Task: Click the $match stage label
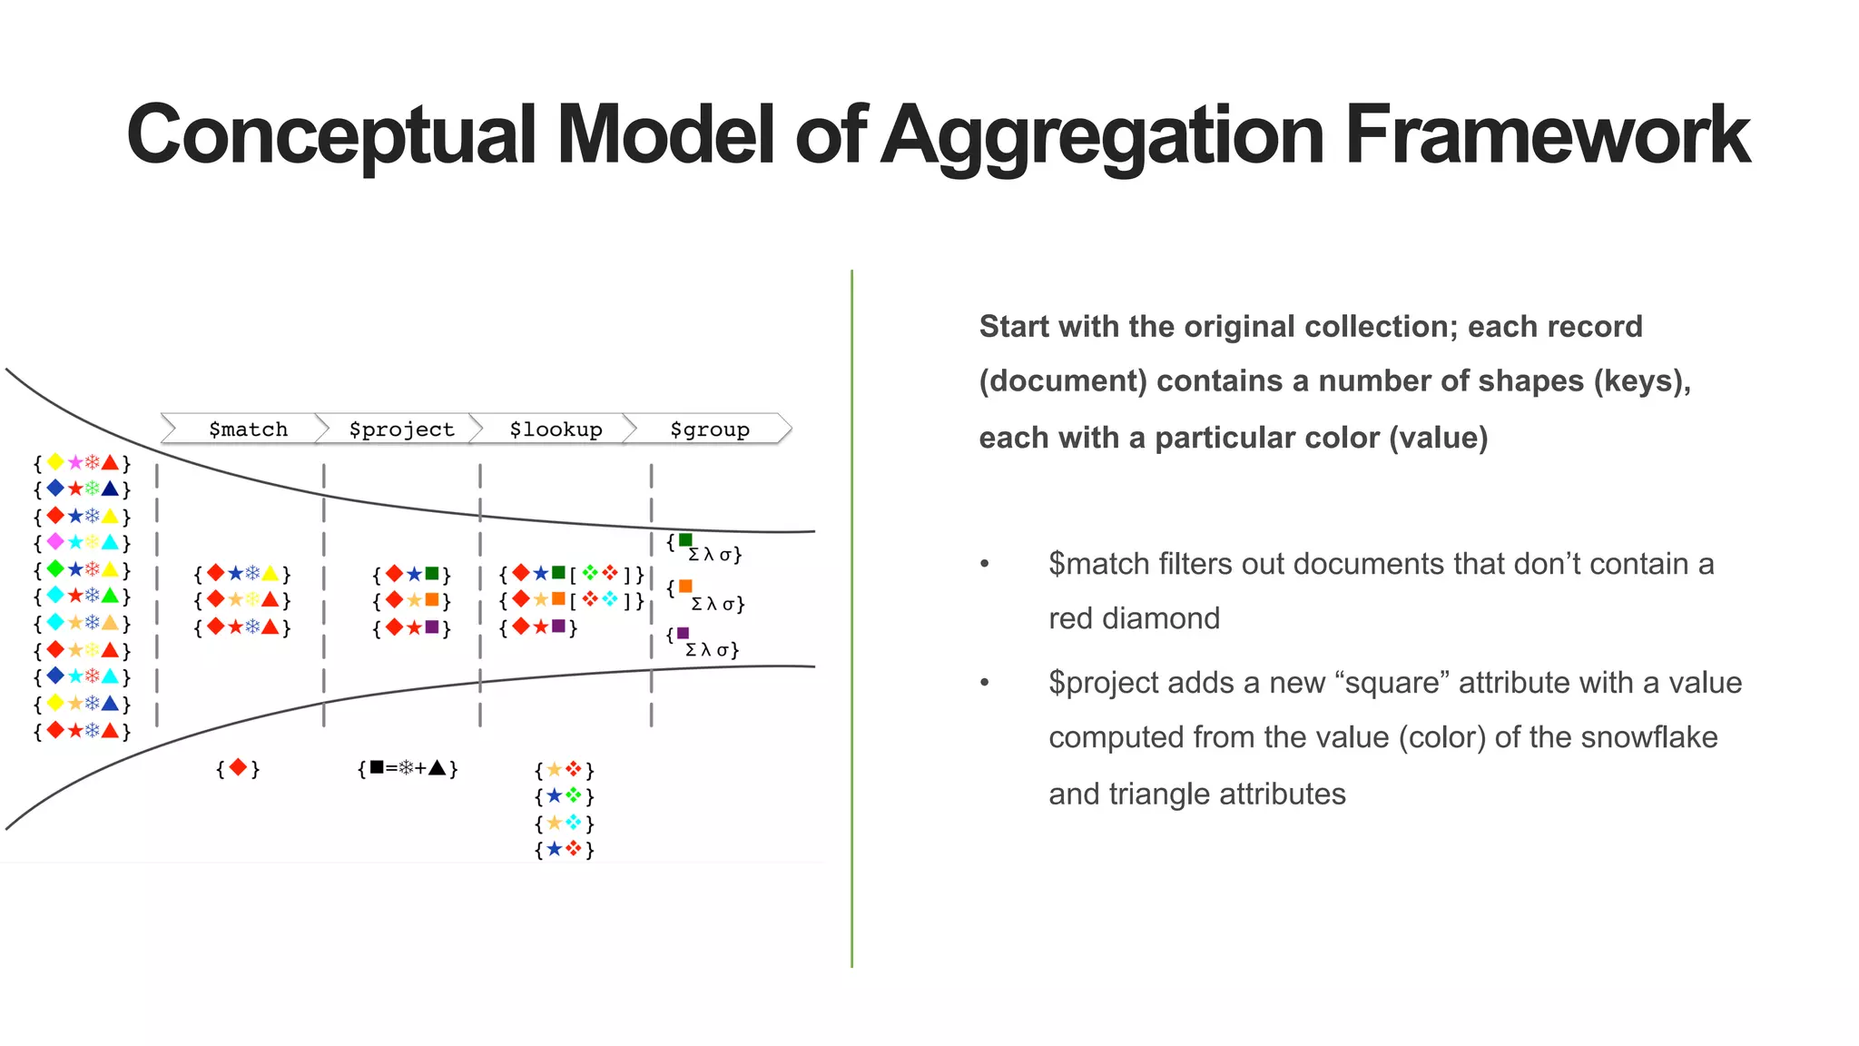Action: click(x=248, y=429)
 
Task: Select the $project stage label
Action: click(x=401, y=429)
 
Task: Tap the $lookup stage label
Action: click(x=556, y=429)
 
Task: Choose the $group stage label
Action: click(x=709, y=429)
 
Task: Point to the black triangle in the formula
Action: click(x=438, y=768)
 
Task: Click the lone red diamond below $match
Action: click(x=238, y=768)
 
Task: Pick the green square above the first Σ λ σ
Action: click(x=685, y=540)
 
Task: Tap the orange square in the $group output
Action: click(x=685, y=587)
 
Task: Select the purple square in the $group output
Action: click(x=683, y=633)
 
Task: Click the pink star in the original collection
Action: click(x=74, y=463)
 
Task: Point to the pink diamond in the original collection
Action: click(x=55, y=542)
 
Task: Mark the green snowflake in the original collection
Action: click(x=92, y=489)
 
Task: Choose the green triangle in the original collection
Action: click(x=110, y=596)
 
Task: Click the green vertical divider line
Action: click(x=851, y=617)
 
